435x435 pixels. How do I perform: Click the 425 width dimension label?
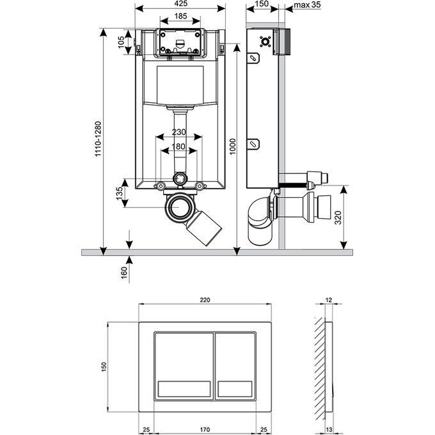click(x=180, y=3)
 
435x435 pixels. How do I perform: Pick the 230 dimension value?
click(x=179, y=132)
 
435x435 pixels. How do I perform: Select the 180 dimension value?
click(x=179, y=146)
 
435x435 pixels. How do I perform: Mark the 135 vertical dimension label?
click(x=120, y=194)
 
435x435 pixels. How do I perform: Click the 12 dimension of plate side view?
click(x=329, y=299)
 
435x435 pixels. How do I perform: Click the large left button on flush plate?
click(x=183, y=365)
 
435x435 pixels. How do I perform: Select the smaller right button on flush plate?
click(x=236, y=365)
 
